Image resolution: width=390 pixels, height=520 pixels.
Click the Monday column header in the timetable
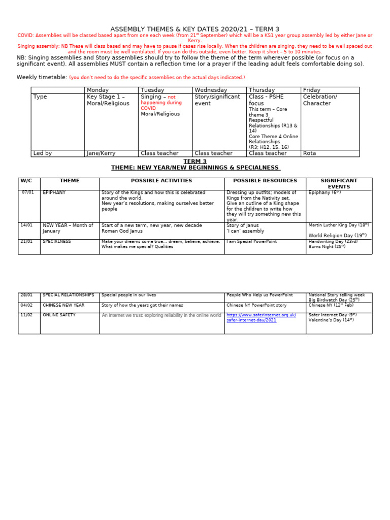[97, 90]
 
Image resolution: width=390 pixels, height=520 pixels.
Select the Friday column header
[312, 90]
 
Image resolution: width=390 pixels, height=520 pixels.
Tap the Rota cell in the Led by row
[309, 153]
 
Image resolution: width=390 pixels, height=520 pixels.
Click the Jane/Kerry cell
[100, 153]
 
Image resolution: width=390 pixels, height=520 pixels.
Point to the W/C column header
[26, 181]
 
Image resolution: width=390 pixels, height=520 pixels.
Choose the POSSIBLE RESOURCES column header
[265, 181]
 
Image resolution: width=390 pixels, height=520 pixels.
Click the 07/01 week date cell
[28, 192]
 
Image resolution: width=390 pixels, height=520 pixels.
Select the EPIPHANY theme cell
[54, 193]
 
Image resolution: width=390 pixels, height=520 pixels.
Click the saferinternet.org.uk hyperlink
[261, 318]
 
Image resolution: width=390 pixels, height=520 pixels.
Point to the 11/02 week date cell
[26, 315]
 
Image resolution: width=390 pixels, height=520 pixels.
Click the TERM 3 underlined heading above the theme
[195, 161]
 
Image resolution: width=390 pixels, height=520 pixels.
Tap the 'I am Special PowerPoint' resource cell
[252, 242]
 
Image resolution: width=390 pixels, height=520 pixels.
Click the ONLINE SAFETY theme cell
[59, 315]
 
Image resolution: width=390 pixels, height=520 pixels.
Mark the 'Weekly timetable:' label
[42, 77]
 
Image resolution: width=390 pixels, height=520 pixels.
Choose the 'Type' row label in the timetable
[40, 96]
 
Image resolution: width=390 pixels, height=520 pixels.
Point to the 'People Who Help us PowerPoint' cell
[259, 295]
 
